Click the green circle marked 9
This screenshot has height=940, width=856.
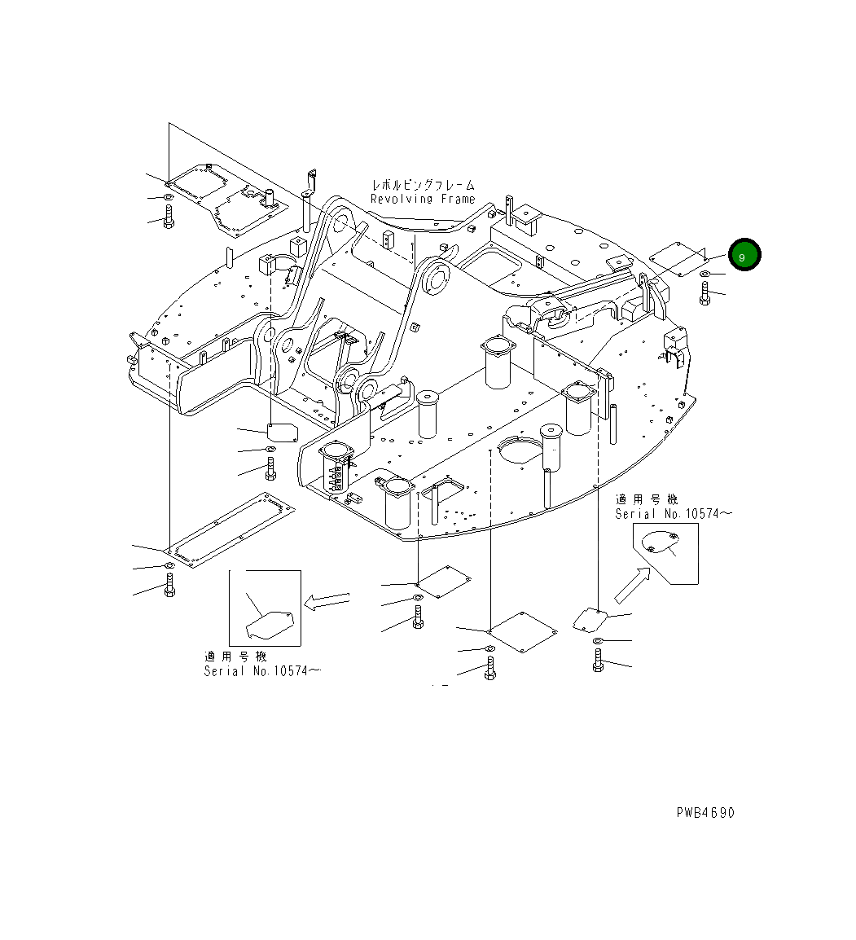tap(744, 255)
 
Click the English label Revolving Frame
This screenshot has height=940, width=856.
tap(422, 199)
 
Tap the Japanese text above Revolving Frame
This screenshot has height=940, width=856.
tap(422, 185)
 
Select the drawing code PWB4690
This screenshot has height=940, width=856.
tap(705, 813)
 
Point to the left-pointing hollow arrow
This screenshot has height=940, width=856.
tap(326, 601)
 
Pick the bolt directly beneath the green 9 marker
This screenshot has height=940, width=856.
tap(704, 294)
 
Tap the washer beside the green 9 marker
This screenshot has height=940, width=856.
tap(704, 274)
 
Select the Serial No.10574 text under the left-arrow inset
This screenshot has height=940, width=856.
tap(261, 670)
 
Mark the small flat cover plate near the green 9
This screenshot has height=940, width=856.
tap(678, 258)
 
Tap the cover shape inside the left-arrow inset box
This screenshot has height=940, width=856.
tap(270, 624)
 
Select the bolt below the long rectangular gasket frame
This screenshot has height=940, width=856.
tap(169, 585)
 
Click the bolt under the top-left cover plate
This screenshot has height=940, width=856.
tap(169, 217)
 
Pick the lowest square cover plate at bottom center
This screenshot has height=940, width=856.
tap(521, 631)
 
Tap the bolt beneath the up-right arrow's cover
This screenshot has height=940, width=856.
tap(599, 661)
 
